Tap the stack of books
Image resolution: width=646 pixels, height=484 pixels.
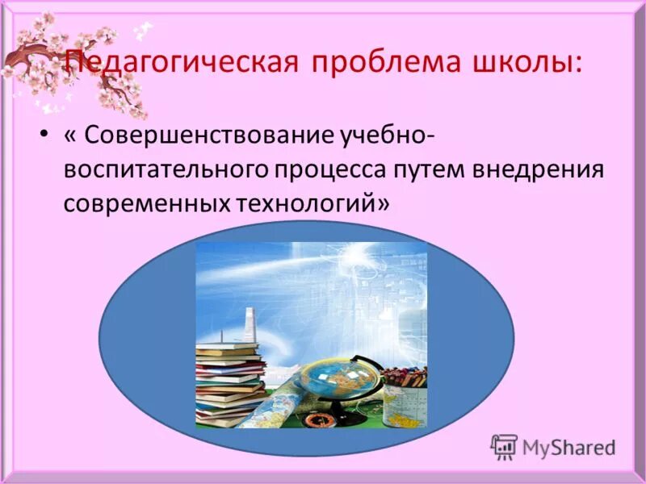[230, 379]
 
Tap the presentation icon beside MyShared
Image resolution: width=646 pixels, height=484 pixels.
[504, 446]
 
